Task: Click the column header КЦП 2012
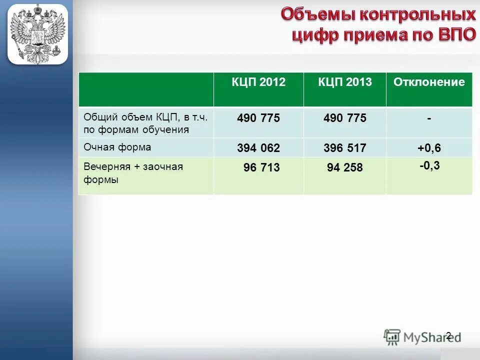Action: pos(258,82)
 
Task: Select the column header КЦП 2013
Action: pos(345,82)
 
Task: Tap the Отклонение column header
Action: pos(429,82)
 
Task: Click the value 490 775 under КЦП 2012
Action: pos(258,118)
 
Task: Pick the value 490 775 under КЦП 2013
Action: pos(345,118)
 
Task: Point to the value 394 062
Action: pos(258,148)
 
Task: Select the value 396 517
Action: pos(345,148)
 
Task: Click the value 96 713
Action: pos(261,168)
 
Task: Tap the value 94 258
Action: pos(345,168)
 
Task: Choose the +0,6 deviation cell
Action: pos(429,148)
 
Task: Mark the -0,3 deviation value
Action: pos(429,165)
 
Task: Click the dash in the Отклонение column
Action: pos(429,119)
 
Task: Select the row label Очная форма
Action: pos(117,147)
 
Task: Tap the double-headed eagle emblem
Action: pos(37,34)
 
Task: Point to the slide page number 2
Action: pos(448,336)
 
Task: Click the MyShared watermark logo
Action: pos(422,337)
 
